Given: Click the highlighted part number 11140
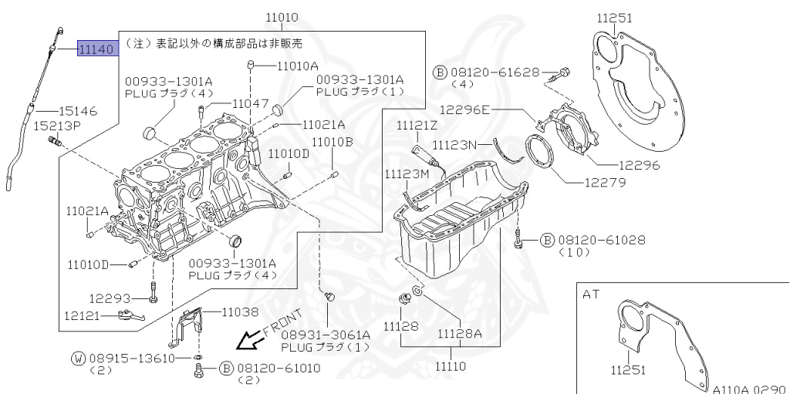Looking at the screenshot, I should pos(96,50).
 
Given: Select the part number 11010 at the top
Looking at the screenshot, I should pos(282,16).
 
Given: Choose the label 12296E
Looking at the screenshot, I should pos(465,109).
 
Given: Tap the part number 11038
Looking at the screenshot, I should pos(241,312).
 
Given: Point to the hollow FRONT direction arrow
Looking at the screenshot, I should pos(249,340).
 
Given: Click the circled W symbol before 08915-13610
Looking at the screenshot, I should pos(78,359).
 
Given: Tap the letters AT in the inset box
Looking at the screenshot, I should pos(591,295).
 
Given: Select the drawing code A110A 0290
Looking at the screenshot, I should pos(747,389).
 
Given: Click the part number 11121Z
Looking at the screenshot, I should pos(417,125).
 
